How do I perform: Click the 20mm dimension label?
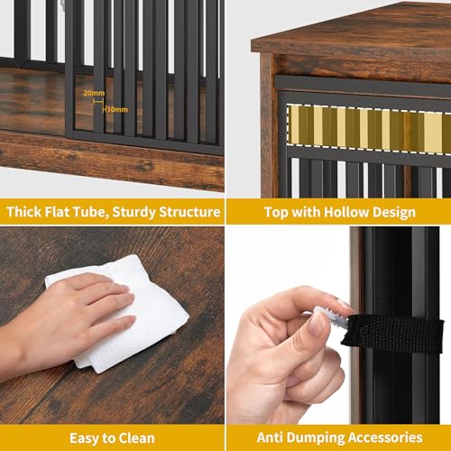(94, 93)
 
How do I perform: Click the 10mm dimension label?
(117, 109)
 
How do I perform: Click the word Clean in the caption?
(133, 437)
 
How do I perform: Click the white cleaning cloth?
(126, 311)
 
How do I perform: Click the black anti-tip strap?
(397, 333)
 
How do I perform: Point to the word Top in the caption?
(276, 212)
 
